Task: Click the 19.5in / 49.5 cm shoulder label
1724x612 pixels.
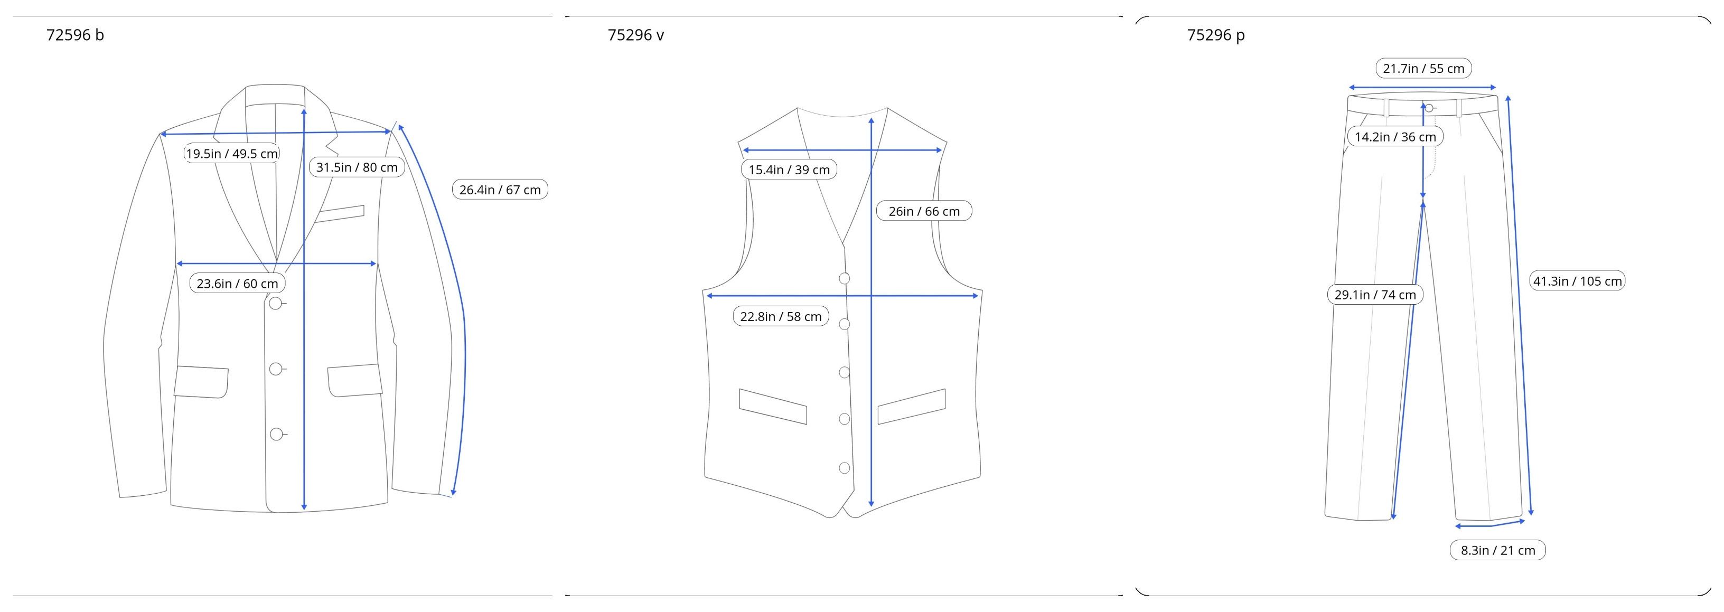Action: (231, 154)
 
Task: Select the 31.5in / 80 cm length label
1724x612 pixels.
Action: (357, 167)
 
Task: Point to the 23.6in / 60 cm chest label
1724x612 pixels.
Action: (237, 284)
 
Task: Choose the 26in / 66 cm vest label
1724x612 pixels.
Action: (924, 211)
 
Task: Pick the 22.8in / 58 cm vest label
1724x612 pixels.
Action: (781, 316)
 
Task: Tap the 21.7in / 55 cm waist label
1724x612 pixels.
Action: (1423, 68)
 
